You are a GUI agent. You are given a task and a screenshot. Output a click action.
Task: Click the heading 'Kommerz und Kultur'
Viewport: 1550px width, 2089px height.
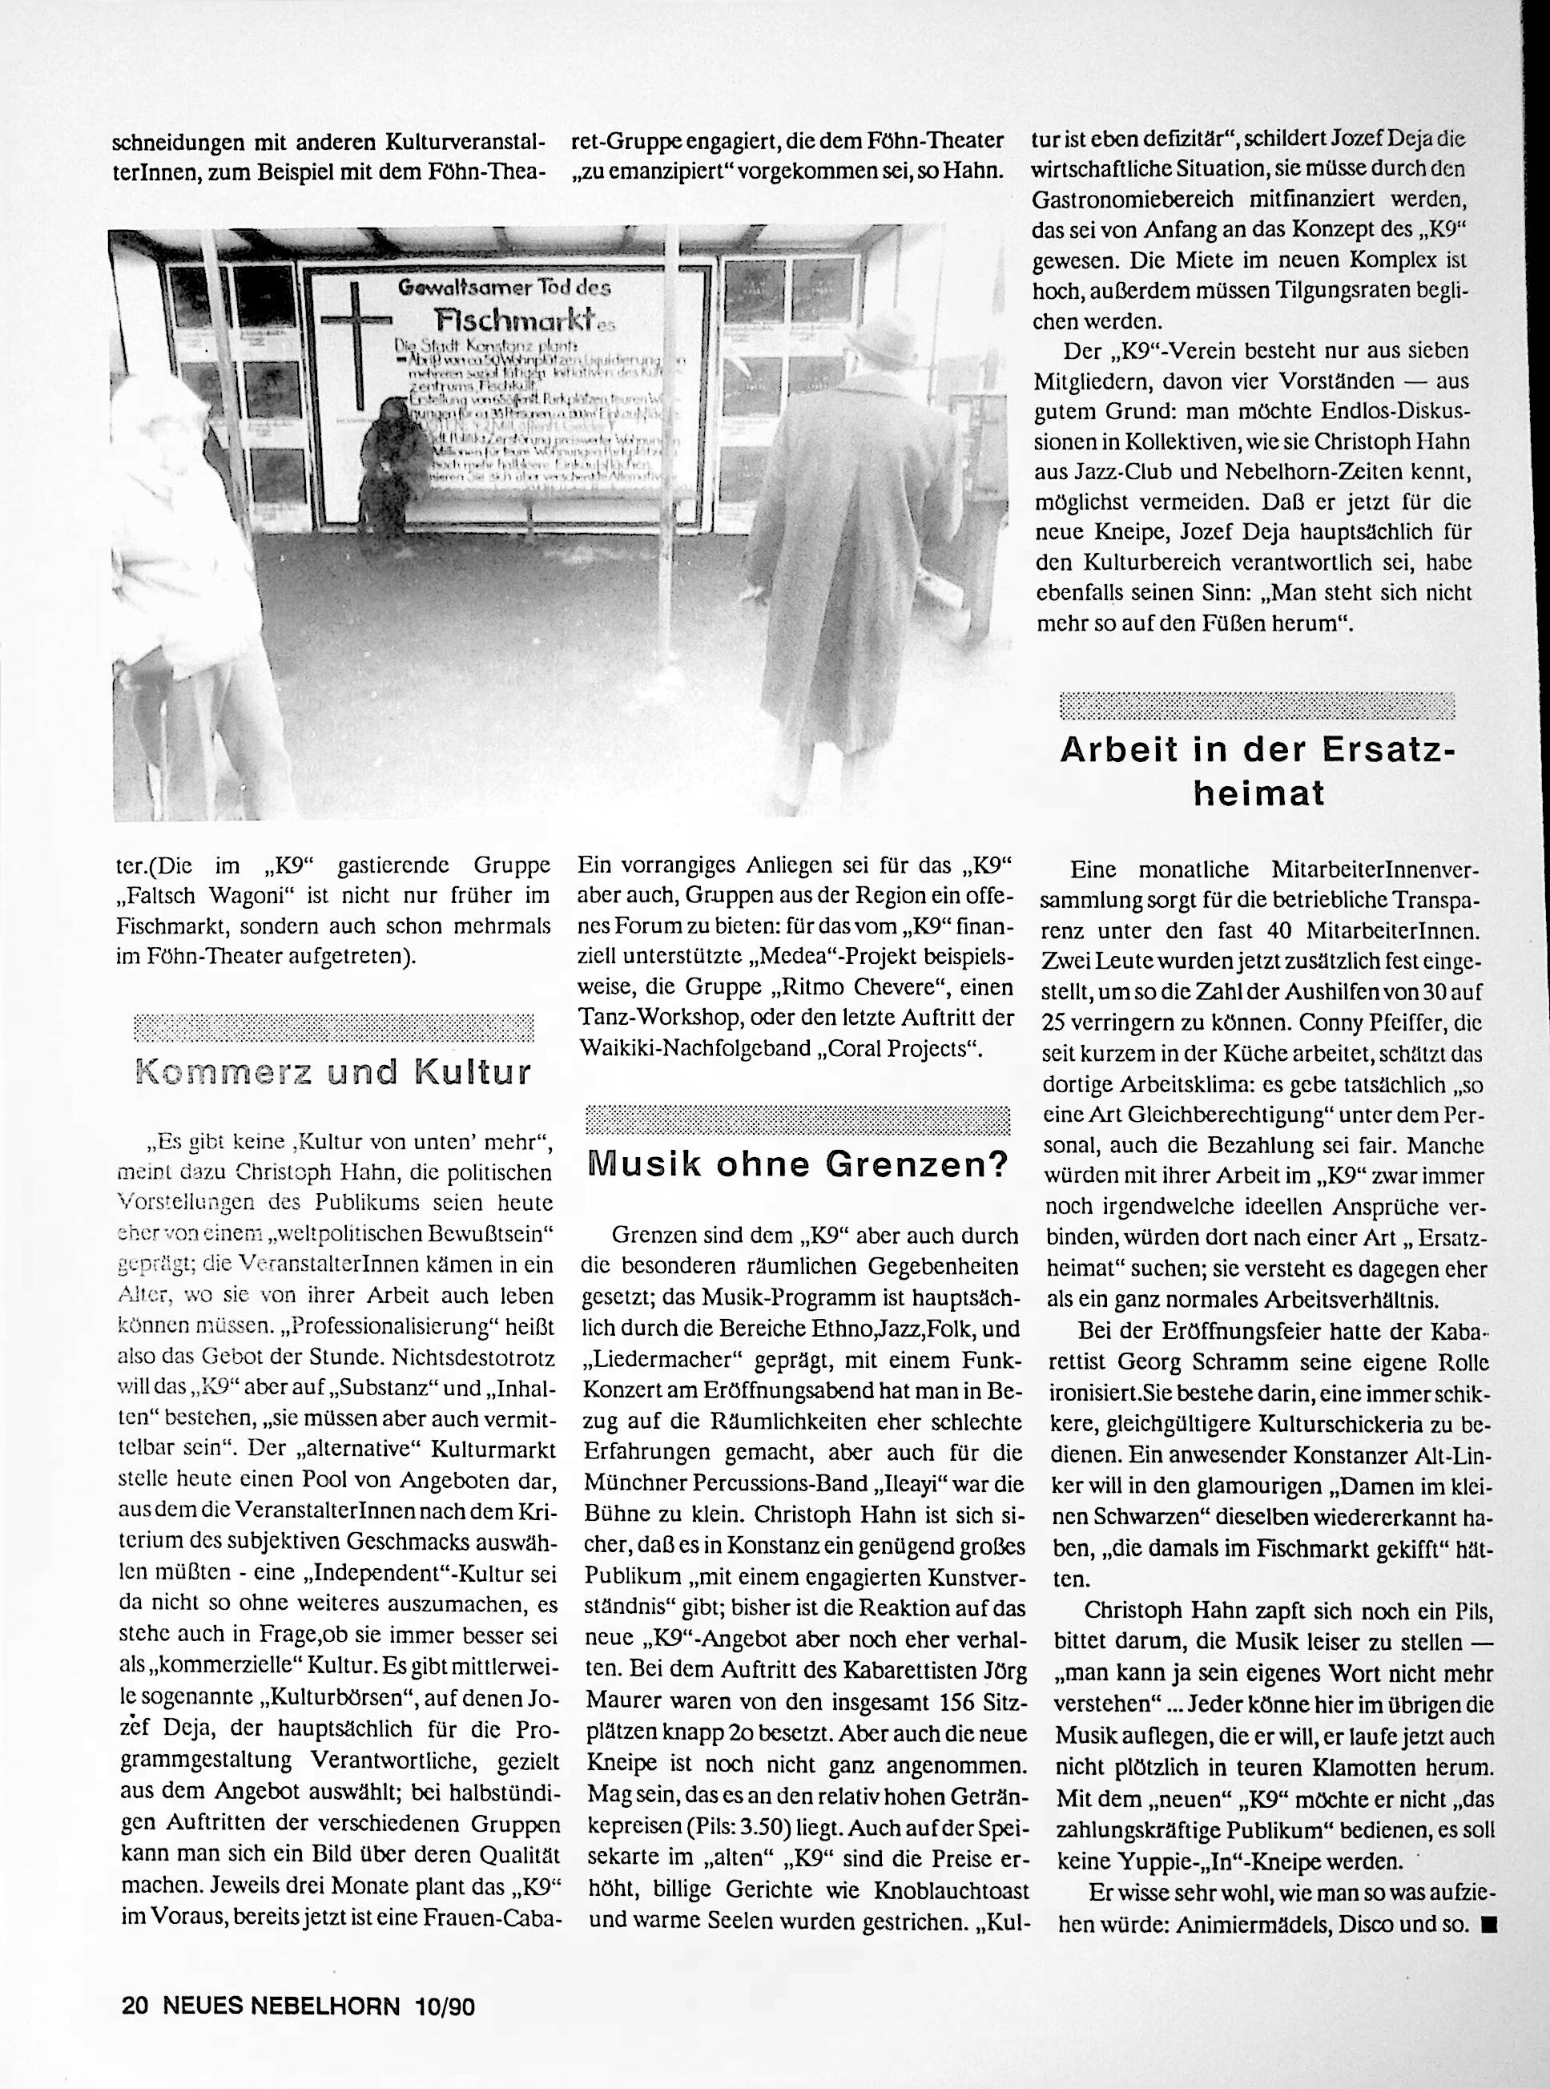point(334,1073)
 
